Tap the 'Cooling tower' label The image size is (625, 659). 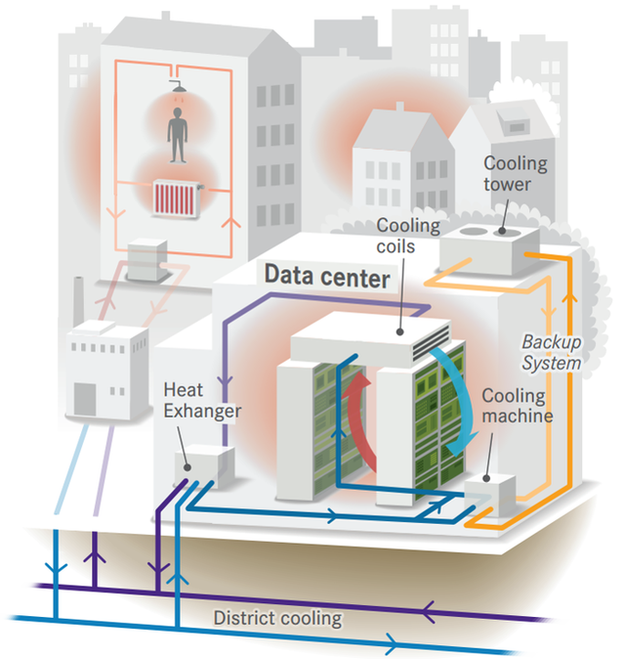point(515,174)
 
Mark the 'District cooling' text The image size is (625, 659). point(278,618)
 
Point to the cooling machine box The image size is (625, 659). point(489,491)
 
